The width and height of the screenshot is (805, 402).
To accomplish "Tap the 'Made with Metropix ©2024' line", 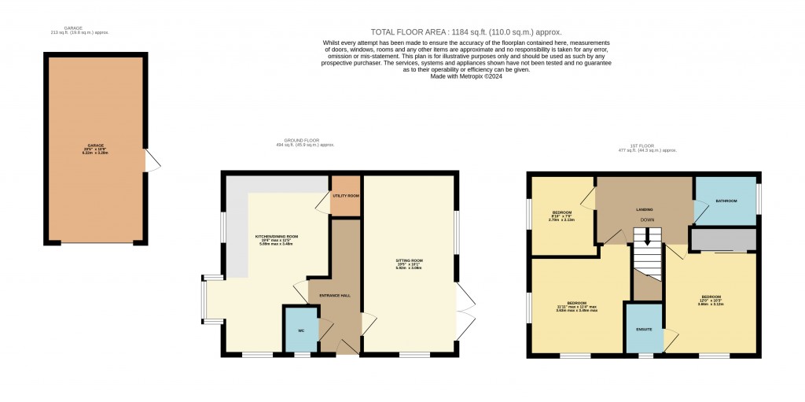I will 466,76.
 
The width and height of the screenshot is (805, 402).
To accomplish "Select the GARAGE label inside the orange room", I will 96,146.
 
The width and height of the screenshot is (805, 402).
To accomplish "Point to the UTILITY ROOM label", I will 345,194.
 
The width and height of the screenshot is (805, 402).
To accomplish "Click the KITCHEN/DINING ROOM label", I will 276,237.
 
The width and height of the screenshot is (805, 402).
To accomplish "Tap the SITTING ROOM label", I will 409,260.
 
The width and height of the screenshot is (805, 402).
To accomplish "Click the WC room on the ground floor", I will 300,330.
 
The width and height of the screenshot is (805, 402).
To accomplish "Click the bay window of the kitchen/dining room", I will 204,299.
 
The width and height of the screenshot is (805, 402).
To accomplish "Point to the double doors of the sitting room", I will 466,312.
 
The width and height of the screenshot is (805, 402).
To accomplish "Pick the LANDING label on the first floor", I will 645,209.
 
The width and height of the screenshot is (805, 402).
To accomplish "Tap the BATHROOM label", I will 726,201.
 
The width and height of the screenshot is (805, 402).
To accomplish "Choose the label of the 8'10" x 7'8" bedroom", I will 561,213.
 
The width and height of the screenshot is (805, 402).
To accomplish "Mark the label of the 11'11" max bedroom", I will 577,304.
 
